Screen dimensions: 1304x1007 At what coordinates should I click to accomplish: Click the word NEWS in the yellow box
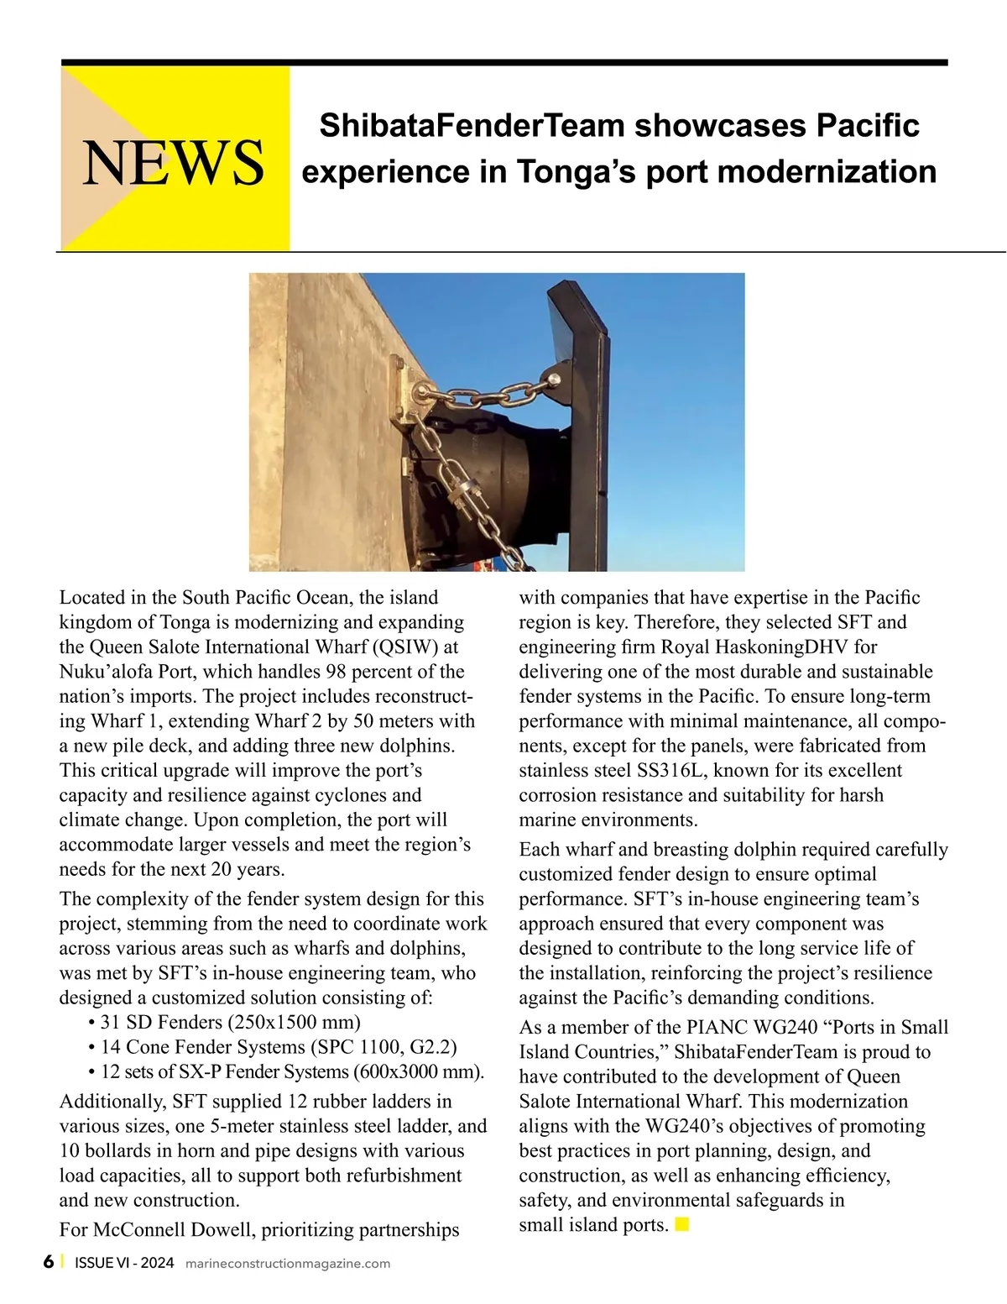click(173, 162)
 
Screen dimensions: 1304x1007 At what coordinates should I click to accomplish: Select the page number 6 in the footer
click(49, 1262)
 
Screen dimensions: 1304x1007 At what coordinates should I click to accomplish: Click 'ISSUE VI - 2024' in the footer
click(124, 1263)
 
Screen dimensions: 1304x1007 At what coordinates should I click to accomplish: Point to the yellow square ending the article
click(682, 1223)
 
